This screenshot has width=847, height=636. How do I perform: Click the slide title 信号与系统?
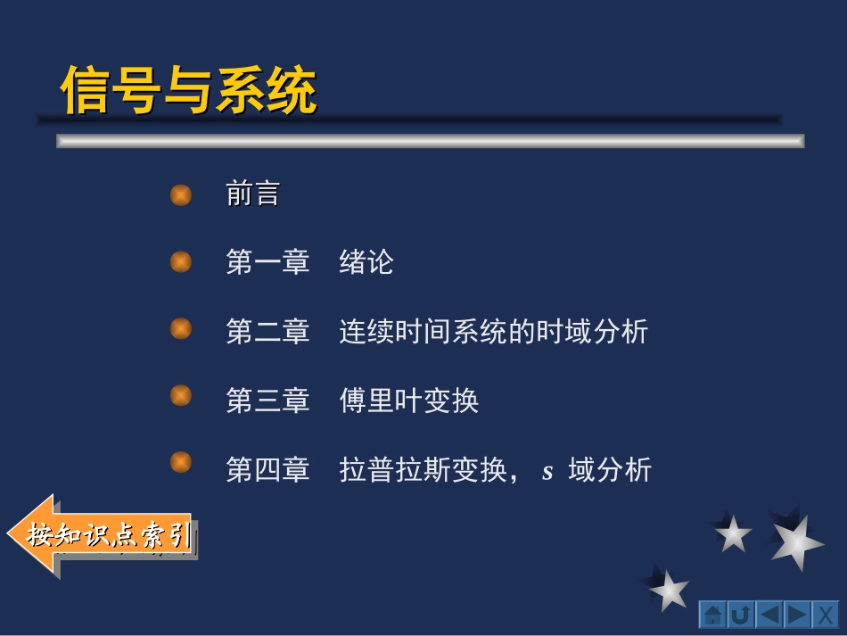[x=188, y=90]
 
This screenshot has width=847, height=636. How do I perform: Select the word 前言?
[x=253, y=194]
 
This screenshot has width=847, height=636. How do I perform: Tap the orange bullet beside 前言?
[x=181, y=194]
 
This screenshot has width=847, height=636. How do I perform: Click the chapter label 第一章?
[x=267, y=262]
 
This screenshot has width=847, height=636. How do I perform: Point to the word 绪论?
[x=366, y=262]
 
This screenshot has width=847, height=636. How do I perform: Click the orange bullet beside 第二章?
[x=181, y=329]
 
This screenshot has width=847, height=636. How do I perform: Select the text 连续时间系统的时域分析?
[x=493, y=332]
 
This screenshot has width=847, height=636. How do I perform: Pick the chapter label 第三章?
[x=267, y=401]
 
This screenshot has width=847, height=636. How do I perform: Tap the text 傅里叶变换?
[x=409, y=401]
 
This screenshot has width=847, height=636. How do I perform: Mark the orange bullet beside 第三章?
[x=181, y=395]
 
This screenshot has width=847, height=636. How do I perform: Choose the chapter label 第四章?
[x=267, y=469]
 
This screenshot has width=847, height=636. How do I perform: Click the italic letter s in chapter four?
[x=547, y=471]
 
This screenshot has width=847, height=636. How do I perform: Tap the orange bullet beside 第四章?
[x=181, y=462]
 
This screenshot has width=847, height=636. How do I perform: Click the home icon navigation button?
[x=712, y=615]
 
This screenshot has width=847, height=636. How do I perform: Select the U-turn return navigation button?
[x=741, y=615]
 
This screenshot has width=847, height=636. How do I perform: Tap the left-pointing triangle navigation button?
[x=769, y=615]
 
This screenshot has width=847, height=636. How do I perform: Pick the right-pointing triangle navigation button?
[x=797, y=615]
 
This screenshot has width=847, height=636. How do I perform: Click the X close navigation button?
[x=826, y=615]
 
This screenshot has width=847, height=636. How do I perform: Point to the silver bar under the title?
[x=430, y=141]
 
